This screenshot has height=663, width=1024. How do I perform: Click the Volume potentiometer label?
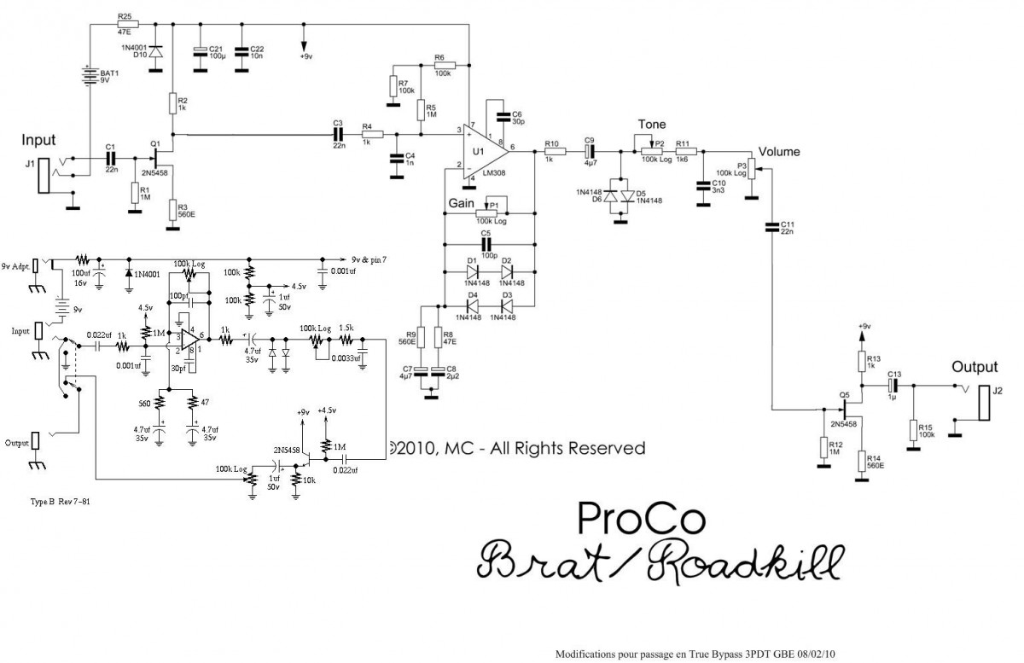click(x=779, y=152)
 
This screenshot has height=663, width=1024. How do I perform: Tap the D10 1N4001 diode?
click(x=155, y=51)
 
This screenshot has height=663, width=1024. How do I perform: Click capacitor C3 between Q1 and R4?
click(x=338, y=134)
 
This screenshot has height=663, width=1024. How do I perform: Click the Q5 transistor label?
click(x=844, y=394)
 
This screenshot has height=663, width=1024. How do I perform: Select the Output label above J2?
click(x=975, y=368)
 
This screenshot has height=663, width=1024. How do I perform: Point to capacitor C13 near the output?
click(x=893, y=385)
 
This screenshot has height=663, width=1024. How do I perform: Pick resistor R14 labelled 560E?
click(x=861, y=461)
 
